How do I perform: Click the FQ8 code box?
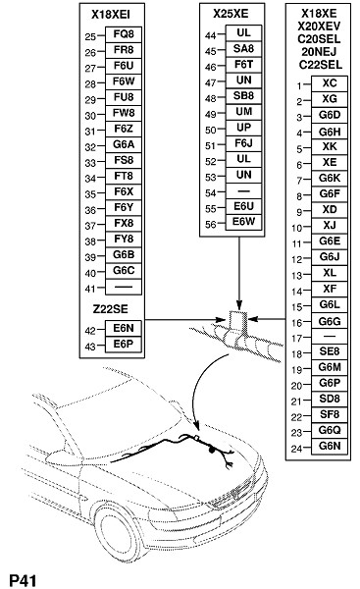click(124, 34)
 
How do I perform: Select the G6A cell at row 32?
click(124, 144)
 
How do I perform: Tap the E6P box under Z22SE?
click(124, 345)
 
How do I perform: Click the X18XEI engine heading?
click(111, 15)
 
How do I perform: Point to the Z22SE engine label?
click(111, 309)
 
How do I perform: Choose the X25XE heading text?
click(231, 14)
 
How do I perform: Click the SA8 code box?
click(243, 48)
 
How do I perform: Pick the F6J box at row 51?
click(243, 143)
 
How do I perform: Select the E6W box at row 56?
click(243, 222)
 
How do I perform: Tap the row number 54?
click(211, 193)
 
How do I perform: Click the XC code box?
click(330, 83)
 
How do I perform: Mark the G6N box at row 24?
click(330, 447)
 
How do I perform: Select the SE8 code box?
click(330, 351)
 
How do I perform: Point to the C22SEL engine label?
click(321, 65)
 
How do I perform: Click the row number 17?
click(296, 338)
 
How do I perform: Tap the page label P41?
click(24, 580)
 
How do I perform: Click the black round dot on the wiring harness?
click(212, 449)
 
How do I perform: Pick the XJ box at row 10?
click(330, 226)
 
